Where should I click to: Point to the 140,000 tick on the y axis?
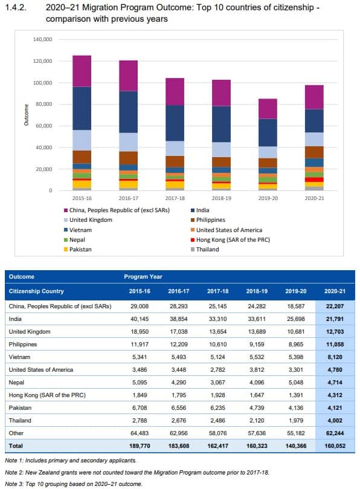(x=43, y=39)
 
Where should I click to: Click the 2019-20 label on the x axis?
(x=268, y=197)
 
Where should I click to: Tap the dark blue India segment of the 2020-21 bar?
(x=314, y=120)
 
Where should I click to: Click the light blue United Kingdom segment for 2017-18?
(x=175, y=148)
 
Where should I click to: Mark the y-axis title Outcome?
(x=26, y=115)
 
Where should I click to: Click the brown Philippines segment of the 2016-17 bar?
(x=128, y=157)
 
